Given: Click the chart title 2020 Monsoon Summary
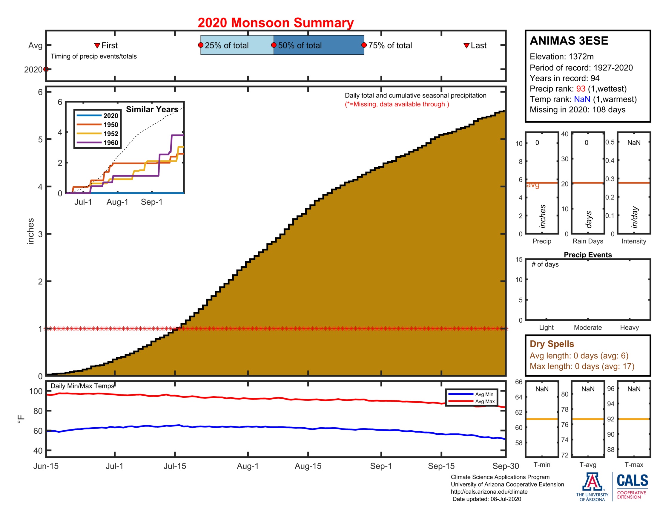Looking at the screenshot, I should click(275, 23).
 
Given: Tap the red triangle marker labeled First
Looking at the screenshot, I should click(97, 45).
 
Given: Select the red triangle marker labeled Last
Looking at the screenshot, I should click(466, 45).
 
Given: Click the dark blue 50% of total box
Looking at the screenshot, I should click(319, 45).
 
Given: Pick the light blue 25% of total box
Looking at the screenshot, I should click(237, 45).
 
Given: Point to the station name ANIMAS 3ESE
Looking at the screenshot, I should click(569, 41).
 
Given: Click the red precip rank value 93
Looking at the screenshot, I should click(581, 89).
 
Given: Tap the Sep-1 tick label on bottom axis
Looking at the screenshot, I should click(381, 466).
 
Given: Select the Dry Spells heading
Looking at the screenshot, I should click(552, 344).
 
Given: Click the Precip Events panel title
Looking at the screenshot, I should click(587, 255).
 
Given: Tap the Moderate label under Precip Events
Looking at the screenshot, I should click(587, 328).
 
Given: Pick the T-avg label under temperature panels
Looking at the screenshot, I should click(587, 465).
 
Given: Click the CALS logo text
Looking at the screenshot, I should click(632, 480).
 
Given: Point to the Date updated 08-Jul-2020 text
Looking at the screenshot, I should click(486, 499).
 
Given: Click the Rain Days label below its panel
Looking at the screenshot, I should click(587, 241).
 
